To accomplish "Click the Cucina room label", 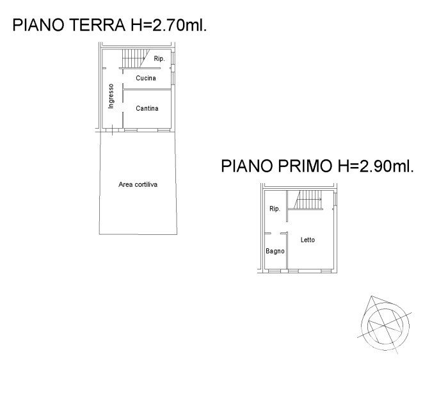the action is point(146,78).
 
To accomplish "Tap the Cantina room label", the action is point(147,108).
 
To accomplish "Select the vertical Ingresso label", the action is point(111,96).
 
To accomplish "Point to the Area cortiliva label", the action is point(138,184).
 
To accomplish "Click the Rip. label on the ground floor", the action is point(159,58).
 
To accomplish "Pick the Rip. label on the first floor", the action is point(275,209).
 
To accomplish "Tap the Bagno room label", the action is point(275,251).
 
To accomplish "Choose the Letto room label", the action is point(307,240).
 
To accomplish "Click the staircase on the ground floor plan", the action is point(136,58).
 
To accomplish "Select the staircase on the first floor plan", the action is point(308,200).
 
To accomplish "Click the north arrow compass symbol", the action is point(385,325).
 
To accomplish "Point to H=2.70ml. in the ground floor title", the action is point(168,25).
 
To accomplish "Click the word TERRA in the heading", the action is point(97,25).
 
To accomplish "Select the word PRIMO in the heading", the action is point(305,166).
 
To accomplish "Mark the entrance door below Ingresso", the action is point(113,130).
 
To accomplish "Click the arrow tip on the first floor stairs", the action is point(321,199).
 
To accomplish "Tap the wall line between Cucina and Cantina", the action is point(147,90).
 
